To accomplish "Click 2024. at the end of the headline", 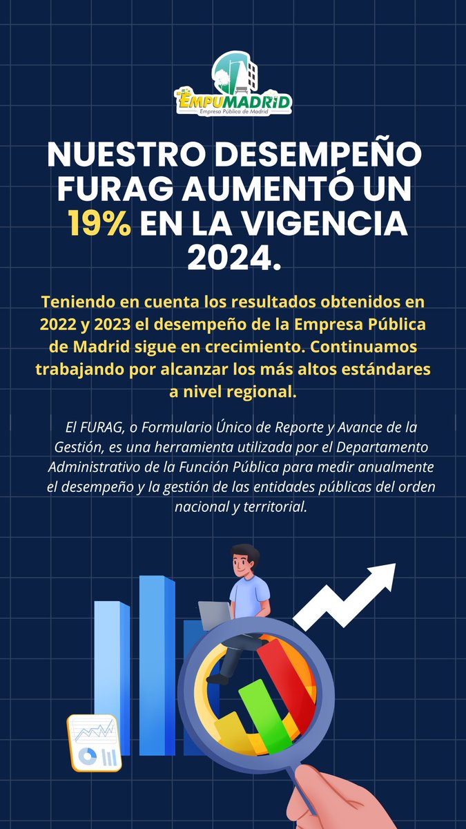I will (233, 257).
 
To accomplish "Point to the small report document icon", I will (94, 743).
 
